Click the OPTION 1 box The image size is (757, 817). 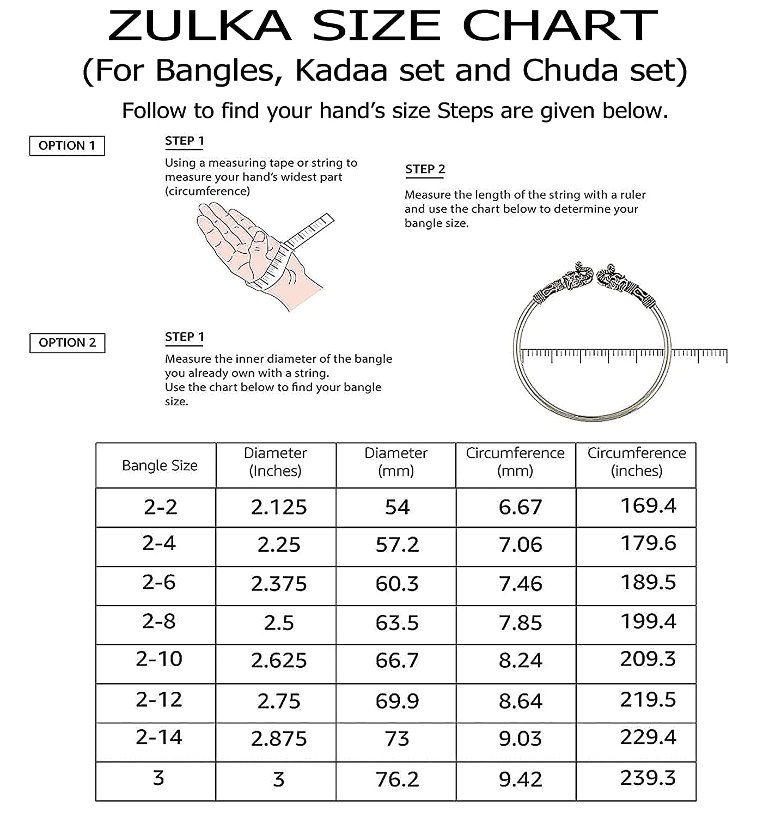coord(67,146)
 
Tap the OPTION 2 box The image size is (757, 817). coord(67,343)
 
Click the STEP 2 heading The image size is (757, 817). coord(425,169)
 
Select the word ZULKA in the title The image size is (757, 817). coord(200,26)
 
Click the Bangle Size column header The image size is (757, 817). coord(160,466)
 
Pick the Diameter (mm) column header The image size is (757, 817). coord(396,462)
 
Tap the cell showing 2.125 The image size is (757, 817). coord(279,508)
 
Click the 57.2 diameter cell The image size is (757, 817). coord(397,545)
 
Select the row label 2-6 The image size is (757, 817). coord(159,583)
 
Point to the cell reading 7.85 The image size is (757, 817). coord(520,623)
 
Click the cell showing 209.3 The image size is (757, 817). coord(648,660)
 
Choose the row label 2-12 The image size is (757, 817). coord(159,700)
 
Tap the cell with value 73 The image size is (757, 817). coord(396,739)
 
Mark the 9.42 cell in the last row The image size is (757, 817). coord(520,779)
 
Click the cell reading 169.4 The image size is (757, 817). coord(648,506)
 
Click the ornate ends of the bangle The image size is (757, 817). coord(594,283)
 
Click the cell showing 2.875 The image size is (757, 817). coord(279,739)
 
